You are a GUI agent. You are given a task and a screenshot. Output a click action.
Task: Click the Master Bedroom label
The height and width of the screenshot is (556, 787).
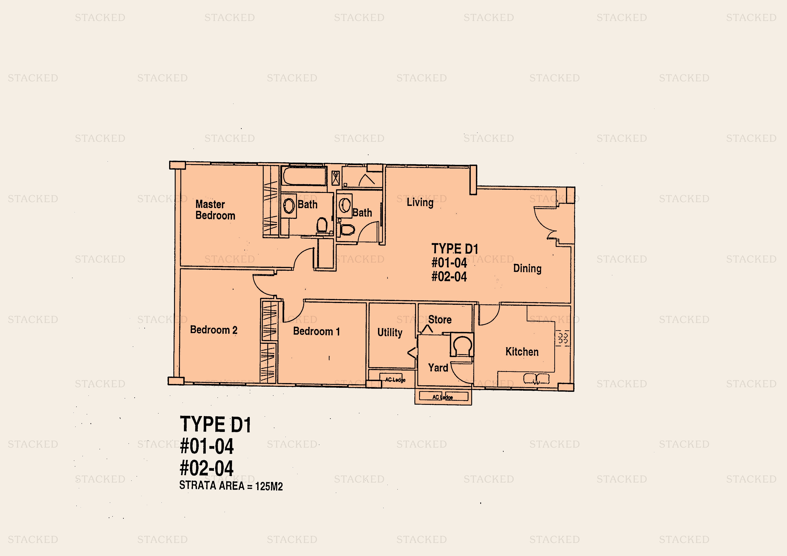pyautogui.click(x=215, y=210)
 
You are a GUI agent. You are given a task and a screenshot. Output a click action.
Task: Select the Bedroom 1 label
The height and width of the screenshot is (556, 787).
pyautogui.click(x=316, y=331)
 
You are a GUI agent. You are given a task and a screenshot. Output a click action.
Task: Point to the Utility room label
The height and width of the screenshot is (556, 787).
pyautogui.click(x=390, y=332)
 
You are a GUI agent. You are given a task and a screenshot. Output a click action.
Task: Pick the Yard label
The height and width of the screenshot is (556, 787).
pyautogui.click(x=438, y=368)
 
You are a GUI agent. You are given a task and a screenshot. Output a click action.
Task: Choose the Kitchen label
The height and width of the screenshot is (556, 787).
pyautogui.click(x=522, y=352)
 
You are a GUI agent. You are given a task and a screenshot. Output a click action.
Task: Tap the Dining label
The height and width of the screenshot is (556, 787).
pyautogui.click(x=527, y=268)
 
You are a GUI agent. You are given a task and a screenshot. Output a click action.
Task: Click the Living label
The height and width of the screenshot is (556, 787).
pyautogui.click(x=420, y=202)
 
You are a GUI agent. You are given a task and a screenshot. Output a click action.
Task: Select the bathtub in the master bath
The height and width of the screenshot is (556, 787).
pyautogui.click(x=304, y=176)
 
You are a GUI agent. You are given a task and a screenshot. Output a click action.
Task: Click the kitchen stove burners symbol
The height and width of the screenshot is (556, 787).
pyautogui.click(x=562, y=338)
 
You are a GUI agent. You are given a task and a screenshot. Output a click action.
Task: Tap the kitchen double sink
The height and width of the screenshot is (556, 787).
pyautogui.click(x=536, y=379)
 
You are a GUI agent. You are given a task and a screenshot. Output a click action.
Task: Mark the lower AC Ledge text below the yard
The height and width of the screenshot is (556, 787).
pyautogui.click(x=442, y=397)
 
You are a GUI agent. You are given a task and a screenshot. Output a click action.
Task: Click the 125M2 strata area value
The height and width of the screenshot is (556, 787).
pyautogui.click(x=269, y=486)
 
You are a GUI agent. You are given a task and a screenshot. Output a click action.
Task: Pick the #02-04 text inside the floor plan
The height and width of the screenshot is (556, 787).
pyautogui.click(x=449, y=277)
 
